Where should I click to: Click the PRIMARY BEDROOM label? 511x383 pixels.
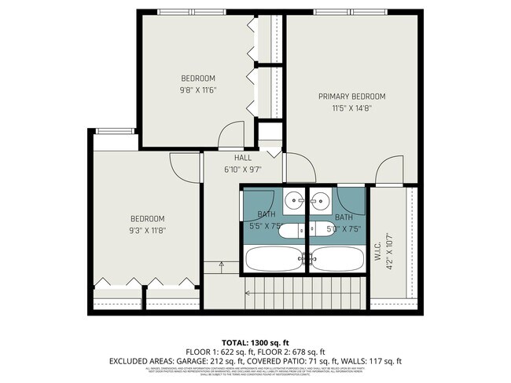[x=344, y=97]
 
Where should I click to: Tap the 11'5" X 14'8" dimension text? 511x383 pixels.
[x=344, y=108]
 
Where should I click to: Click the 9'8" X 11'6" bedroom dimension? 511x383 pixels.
[x=198, y=89]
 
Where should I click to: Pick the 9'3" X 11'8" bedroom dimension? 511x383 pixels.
[x=148, y=230]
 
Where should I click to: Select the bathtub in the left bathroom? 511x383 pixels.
[x=272, y=257]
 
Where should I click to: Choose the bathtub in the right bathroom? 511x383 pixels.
[x=338, y=257]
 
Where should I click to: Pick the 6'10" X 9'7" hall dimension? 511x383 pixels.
[x=242, y=169]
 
